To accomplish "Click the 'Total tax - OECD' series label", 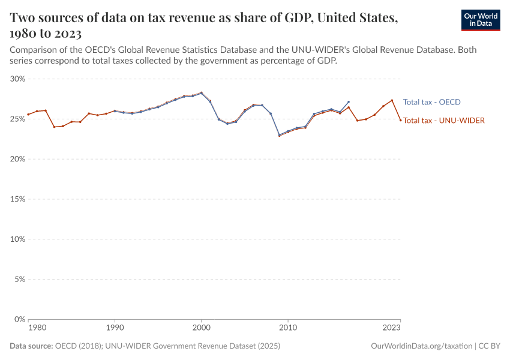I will click(x=431, y=102).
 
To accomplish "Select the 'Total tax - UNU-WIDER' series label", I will click(x=443, y=121).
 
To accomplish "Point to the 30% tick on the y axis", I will click(x=17, y=79).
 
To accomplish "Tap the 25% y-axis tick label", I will click(x=17, y=119).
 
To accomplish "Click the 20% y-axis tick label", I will click(x=17, y=159).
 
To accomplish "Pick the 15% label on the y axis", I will click(x=17, y=199).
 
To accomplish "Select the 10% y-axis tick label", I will click(x=17, y=239).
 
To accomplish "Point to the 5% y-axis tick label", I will click(x=19, y=280).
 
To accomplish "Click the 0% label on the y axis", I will click(x=19, y=319).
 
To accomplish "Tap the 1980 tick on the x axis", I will click(x=37, y=328).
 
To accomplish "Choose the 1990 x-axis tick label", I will click(x=115, y=328).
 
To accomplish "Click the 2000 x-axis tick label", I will click(x=201, y=328).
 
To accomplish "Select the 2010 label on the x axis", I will click(x=288, y=328).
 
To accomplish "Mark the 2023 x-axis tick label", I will click(x=392, y=328).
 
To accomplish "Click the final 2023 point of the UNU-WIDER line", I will click(x=400, y=120).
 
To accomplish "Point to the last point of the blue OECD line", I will click(x=349, y=102).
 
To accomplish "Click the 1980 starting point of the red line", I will click(x=28, y=115).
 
